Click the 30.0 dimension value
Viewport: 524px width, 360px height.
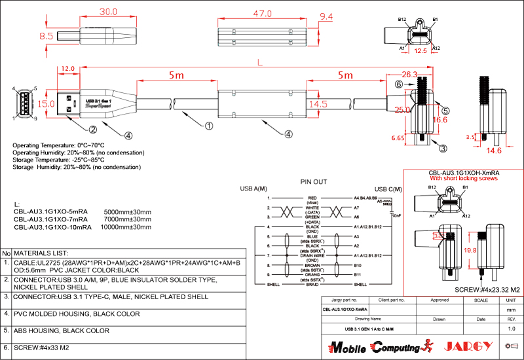point(108,12)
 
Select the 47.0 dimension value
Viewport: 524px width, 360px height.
point(263,13)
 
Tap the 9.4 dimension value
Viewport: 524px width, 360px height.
point(326,16)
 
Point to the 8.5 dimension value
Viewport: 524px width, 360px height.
point(46,37)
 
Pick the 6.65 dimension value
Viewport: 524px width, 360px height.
point(398,138)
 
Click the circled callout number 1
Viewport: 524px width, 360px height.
point(209,126)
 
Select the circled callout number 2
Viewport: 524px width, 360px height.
point(93,129)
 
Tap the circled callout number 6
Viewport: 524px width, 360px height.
point(399,84)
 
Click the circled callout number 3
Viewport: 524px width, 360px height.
point(443,149)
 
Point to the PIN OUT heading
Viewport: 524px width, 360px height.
point(313,182)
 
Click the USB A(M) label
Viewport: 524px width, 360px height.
point(254,189)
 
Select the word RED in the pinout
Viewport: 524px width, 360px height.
point(312,196)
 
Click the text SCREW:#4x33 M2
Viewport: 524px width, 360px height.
point(41,348)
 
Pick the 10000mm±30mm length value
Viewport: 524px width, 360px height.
point(126,228)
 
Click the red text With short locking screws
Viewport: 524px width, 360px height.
point(463,178)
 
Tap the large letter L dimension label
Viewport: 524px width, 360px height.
point(261,63)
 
